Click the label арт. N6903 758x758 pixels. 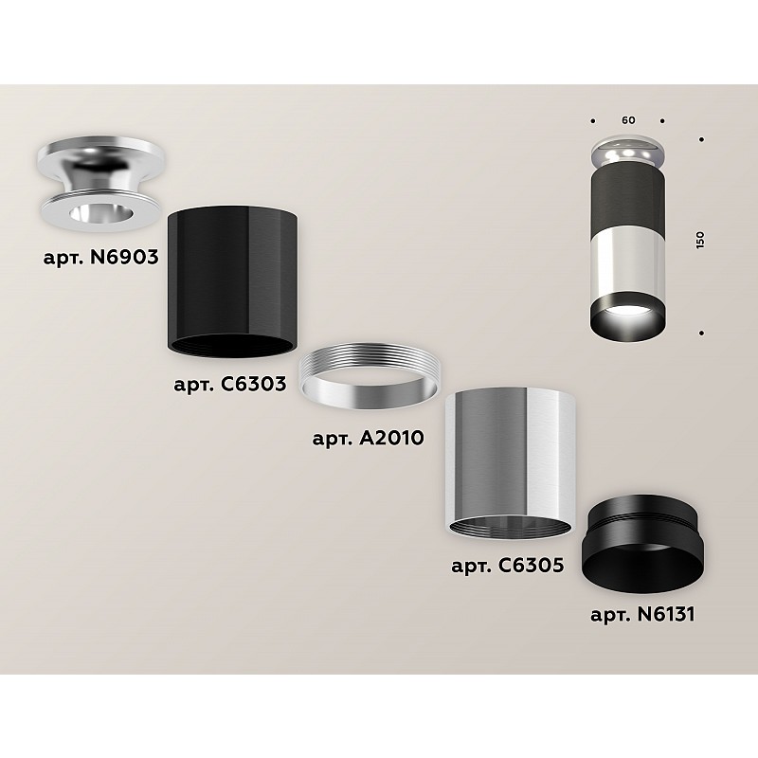point(101,257)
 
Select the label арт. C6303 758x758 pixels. point(230,385)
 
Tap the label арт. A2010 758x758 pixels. point(369,439)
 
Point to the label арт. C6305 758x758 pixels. point(508,565)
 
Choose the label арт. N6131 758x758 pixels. point(642,614)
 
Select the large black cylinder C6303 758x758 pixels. point(232,282)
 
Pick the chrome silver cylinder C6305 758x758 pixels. point(510,462)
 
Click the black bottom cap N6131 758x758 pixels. point(643,545)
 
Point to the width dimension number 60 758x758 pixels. point(628,120)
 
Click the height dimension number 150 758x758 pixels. point(700,241)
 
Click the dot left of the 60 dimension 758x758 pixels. point(593,121)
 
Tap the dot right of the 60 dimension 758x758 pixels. point(662,121)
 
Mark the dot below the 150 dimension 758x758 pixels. point(701,334)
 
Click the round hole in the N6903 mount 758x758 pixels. point(100,212)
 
